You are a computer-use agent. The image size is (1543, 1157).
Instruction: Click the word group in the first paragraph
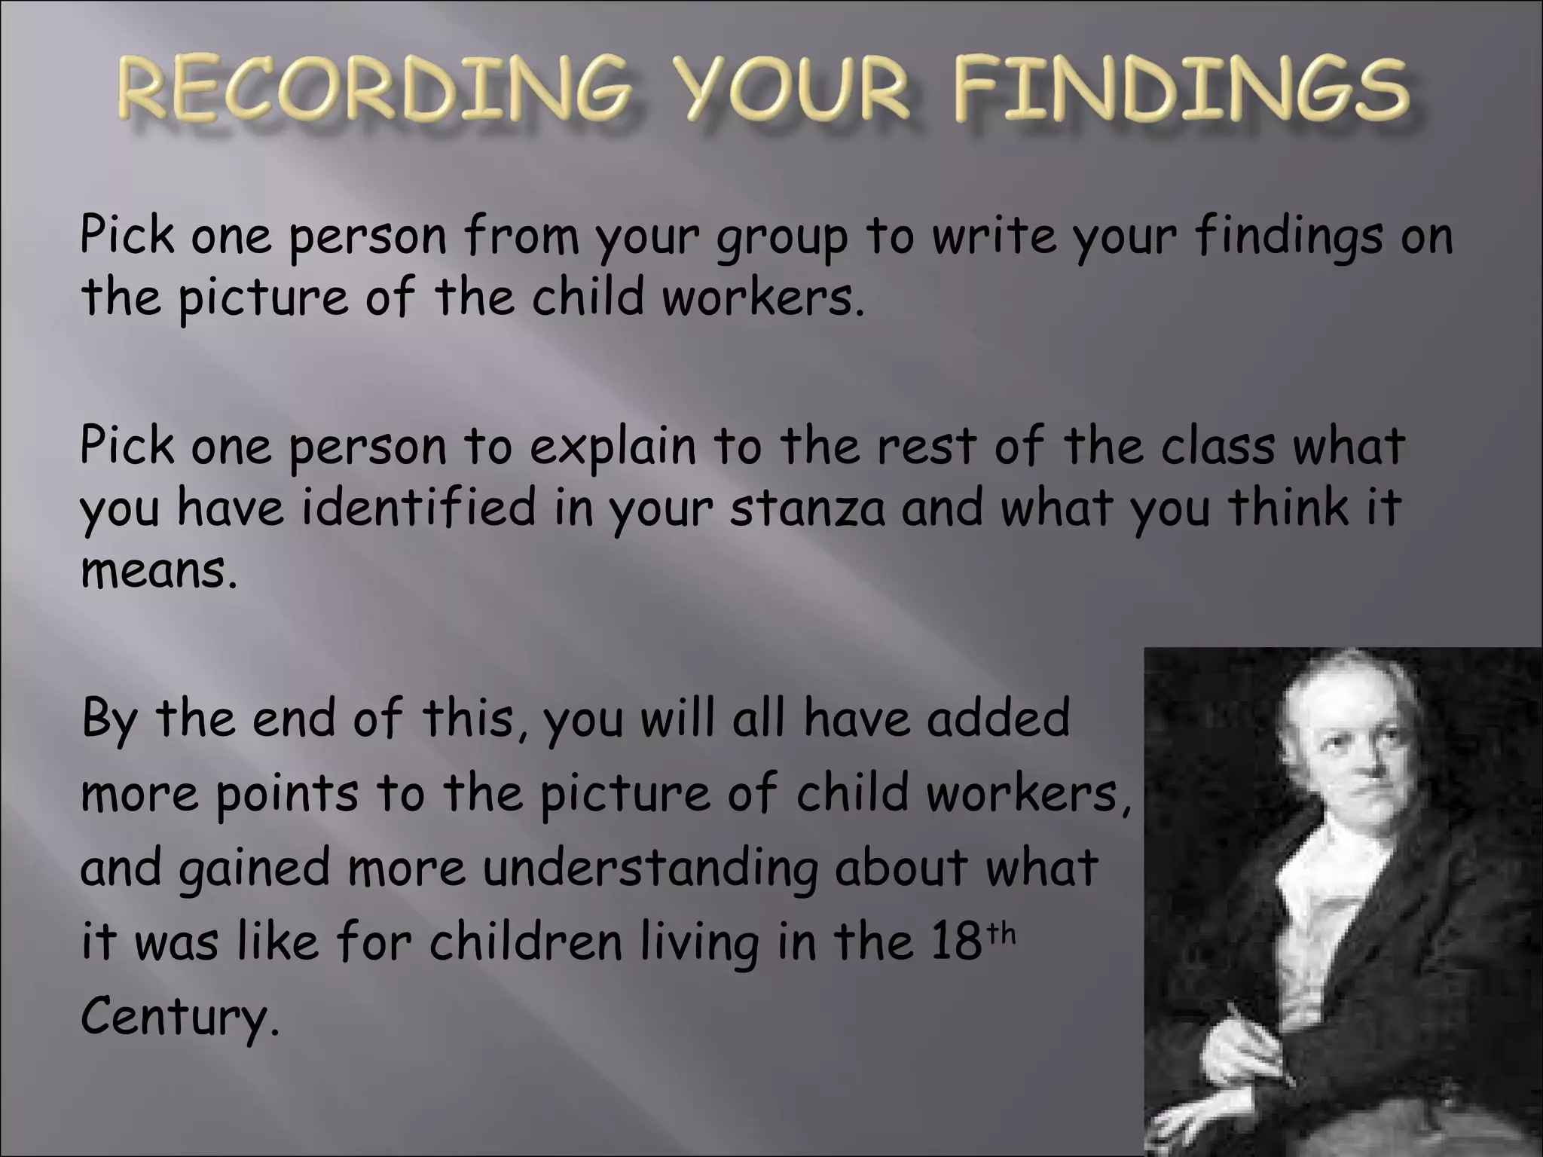tap(781, 238)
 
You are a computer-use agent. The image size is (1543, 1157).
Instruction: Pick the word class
tap(1217, 446)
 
